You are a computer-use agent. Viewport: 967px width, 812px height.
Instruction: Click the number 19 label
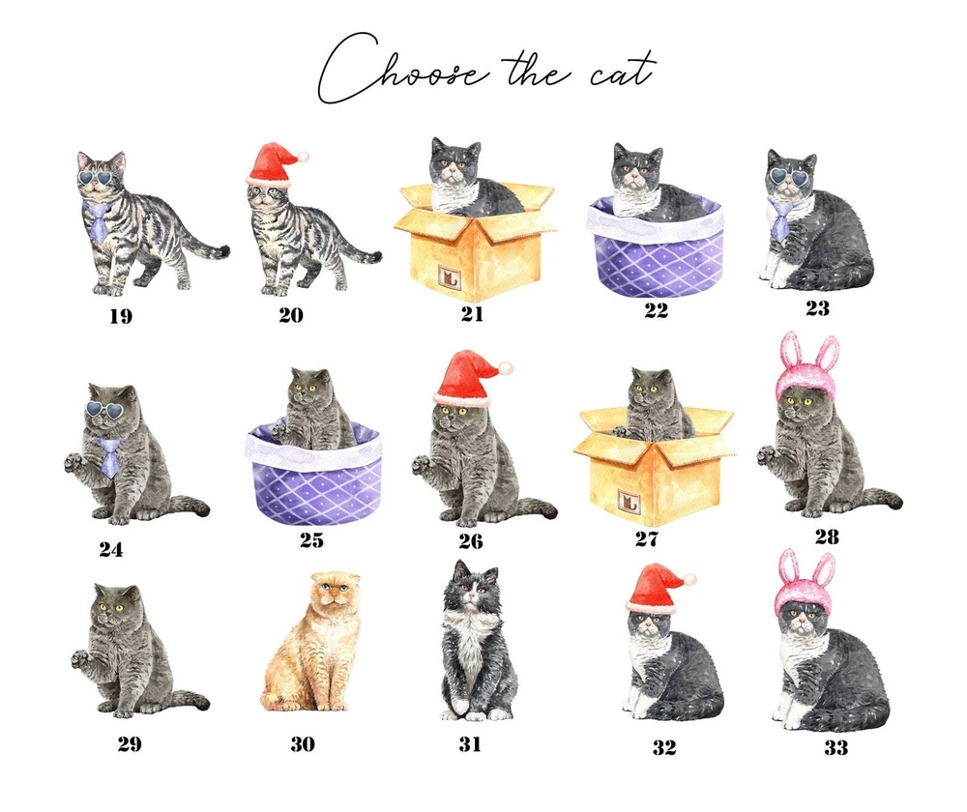tap(121, 316)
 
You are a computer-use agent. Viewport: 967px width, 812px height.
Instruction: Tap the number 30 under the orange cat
tap(303, 744)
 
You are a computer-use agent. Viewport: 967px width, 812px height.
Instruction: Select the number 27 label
tap(646, 539)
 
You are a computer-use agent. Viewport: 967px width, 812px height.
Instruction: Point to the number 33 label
tap(836, 748)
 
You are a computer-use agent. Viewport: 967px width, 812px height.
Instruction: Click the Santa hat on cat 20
tap(276, 164)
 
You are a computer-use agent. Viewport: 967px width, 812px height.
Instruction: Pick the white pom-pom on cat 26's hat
tap(506, 368)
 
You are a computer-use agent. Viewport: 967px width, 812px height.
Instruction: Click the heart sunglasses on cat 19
tap(100, 180)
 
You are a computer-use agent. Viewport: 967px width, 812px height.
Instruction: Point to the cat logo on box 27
tap(628, 503)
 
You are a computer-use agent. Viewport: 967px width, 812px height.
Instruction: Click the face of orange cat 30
tap(335, 595)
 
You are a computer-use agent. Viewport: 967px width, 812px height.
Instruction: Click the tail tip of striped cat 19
tap(222, 251)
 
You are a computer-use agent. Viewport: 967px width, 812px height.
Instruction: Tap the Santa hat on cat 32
tap(658, 590)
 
